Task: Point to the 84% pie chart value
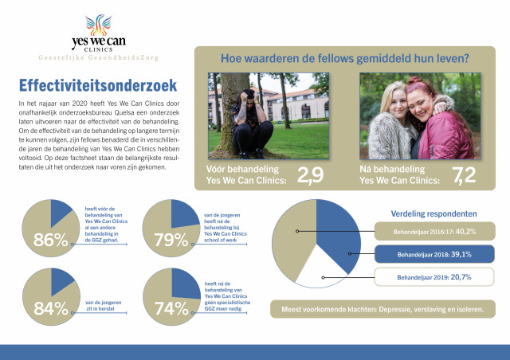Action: [49, 309]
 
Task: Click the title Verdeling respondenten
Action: [434, 213]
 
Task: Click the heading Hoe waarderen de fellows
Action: [344, 57]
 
